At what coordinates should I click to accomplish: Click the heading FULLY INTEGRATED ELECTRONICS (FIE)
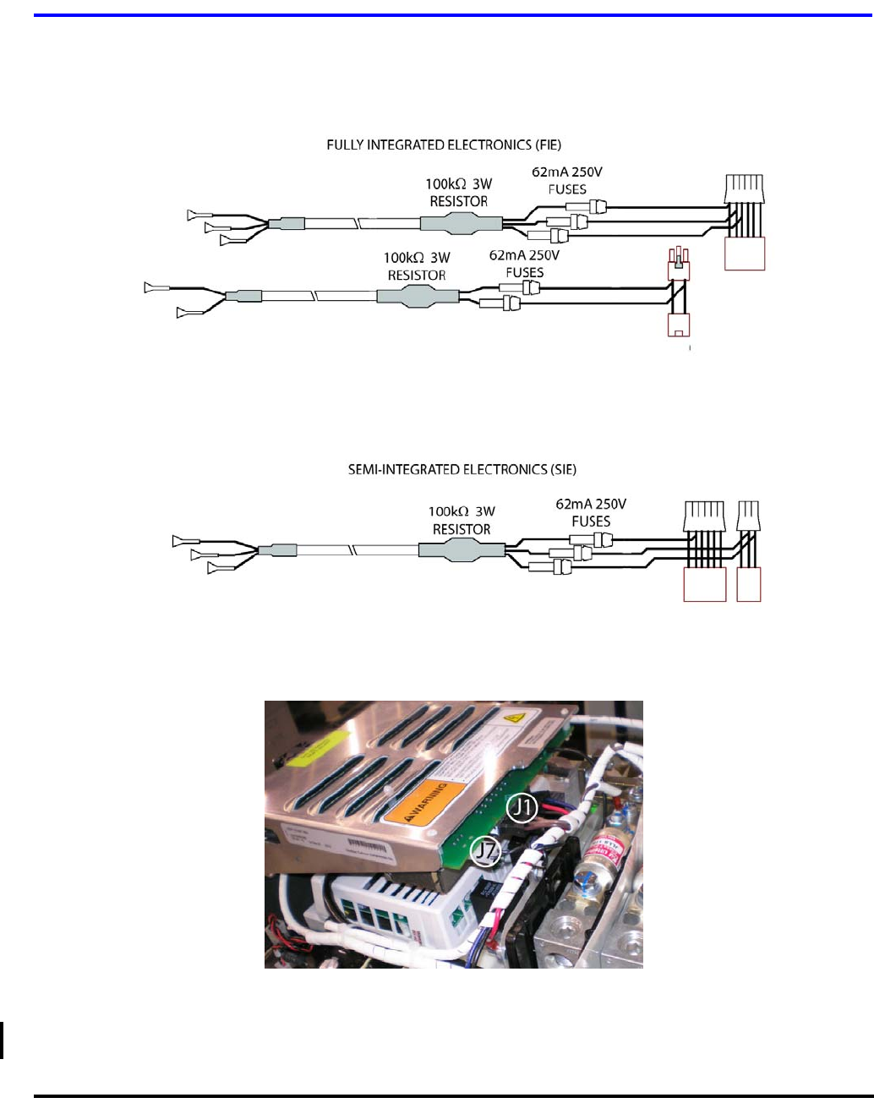pyautogui.click(x=444, y=145)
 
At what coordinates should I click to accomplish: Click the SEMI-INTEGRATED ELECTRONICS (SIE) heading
pyautogui.click(x=462, y=469)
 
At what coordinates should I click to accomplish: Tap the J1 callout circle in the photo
pyautogui.click(x=522, y=808)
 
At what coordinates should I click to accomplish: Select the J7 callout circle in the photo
pyautogui.click(x=485, y=851)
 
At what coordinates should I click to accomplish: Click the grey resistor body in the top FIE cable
pyautogui.click(x=461, y=223)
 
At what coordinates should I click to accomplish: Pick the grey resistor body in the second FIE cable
pyautogui.click(x=417, y=296)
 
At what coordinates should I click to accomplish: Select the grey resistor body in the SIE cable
pyautogui.click(x=462, y=550)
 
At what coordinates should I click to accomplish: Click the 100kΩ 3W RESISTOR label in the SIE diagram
pyautogui.click(x=462, y=520)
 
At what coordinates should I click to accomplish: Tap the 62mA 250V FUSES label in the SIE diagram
pyautogui.click(x=591, y=512)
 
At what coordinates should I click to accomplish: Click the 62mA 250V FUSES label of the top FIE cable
pyautogui.click(x=567, y=180)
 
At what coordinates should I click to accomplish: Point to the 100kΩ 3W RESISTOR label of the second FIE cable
pyautogui.click(x=417, y=266)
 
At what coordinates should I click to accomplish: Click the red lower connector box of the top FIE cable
pyautogui.click(x=745, y=254)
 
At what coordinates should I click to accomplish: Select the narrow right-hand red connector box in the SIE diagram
pyautogui.click(x=748, y=584)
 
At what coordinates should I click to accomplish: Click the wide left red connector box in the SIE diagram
pyautogui.click(x=704, y=584)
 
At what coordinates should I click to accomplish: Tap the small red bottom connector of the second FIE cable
pyautogui.click(x=678, y=325)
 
